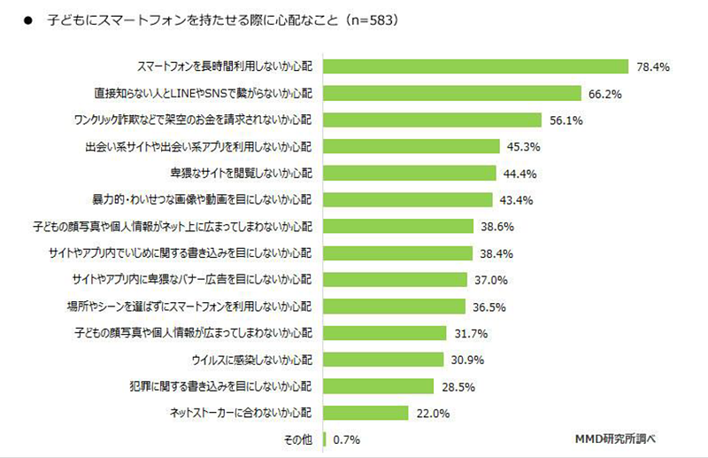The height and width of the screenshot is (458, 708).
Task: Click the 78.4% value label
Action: tap(650, 66)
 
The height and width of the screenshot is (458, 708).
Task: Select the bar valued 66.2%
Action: tap(452, 93)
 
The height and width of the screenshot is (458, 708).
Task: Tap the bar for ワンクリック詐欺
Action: tap(433, 120)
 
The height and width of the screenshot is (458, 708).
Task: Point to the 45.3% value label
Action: tap(520, 146)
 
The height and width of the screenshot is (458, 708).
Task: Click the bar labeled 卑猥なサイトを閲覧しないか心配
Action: tap(411, 173)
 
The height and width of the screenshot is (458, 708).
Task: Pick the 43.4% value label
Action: tap(513, 199)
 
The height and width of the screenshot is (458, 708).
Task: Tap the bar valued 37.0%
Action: tap(396, 279)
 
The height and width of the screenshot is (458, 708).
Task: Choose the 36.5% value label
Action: tap(487, 306)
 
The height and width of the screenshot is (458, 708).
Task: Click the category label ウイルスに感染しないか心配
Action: tap(251, 359)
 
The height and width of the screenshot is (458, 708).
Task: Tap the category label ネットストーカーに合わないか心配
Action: tap(240, 412)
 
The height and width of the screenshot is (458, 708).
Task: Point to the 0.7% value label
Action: tap(347, 439)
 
